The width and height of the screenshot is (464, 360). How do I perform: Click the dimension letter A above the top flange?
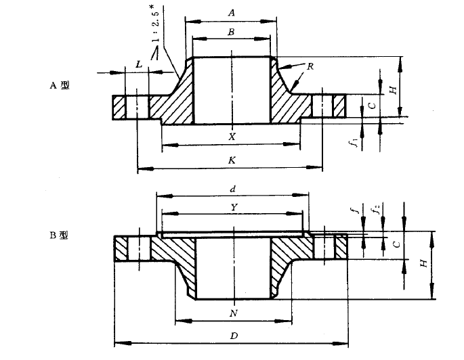[231, 12]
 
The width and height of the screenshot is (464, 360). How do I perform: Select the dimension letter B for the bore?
[231, 31]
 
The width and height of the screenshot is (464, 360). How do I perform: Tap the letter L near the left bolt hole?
[139, 64]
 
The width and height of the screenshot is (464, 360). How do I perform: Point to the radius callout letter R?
[310, 66]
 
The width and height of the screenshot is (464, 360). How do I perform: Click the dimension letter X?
[232, 136]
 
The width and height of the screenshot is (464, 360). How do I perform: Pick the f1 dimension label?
[352, 143]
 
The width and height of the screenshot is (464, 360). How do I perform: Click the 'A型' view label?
[59, 85]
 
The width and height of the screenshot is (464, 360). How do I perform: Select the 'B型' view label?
[58, 235]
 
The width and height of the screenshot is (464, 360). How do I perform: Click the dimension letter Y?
[232, 208]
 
